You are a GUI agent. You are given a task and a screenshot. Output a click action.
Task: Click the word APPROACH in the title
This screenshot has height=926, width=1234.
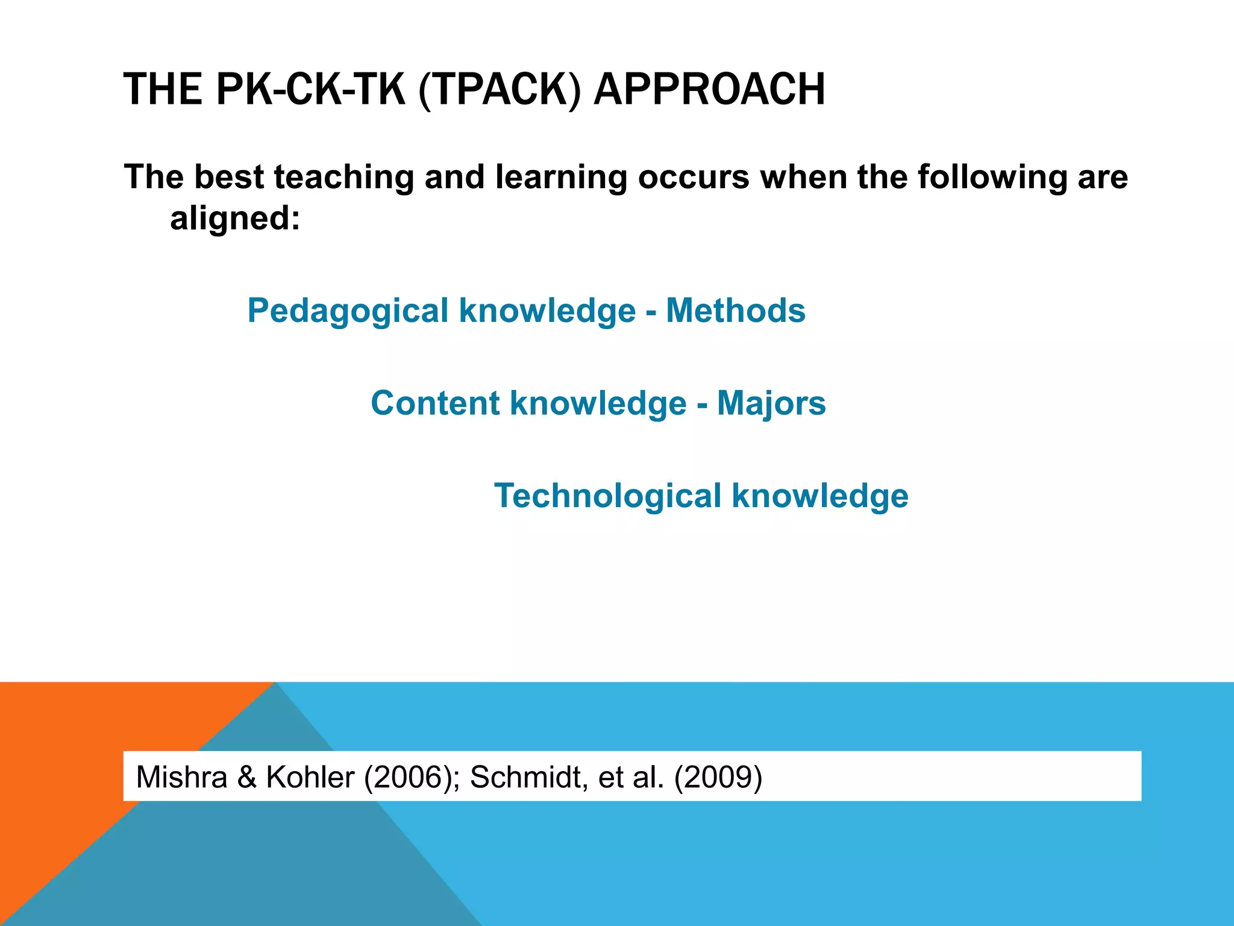(709, 89)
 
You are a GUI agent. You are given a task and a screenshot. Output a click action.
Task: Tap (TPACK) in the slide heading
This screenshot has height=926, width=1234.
(500, 89)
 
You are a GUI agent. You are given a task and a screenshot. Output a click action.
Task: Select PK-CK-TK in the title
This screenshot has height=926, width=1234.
(310, 89)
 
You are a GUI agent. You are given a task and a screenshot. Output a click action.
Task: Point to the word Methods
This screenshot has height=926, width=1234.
(736, 311)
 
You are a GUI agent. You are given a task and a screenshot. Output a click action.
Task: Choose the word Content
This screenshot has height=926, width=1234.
(435, 403)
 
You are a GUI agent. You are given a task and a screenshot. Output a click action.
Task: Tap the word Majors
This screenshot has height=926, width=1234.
(771, 403)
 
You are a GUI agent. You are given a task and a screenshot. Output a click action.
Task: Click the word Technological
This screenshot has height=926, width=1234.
(607, 496)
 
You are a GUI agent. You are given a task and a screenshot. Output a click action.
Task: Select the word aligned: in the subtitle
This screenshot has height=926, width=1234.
(235, 218)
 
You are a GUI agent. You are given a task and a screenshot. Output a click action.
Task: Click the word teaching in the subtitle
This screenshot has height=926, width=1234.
(343, 177)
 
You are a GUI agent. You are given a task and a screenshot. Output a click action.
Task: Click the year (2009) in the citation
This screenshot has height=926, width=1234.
(718, 776)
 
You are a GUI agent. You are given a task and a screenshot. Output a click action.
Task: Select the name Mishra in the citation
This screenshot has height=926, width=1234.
(181, 776)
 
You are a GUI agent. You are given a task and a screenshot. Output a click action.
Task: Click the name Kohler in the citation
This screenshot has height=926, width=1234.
(310, 776)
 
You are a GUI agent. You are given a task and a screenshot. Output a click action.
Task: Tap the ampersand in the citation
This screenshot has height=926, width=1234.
(246, 776)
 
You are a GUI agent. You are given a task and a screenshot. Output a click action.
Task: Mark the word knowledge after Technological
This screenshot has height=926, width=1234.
(820, 496)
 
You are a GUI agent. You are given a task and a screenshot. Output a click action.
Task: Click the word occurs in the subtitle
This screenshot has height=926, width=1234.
(694, 177)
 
